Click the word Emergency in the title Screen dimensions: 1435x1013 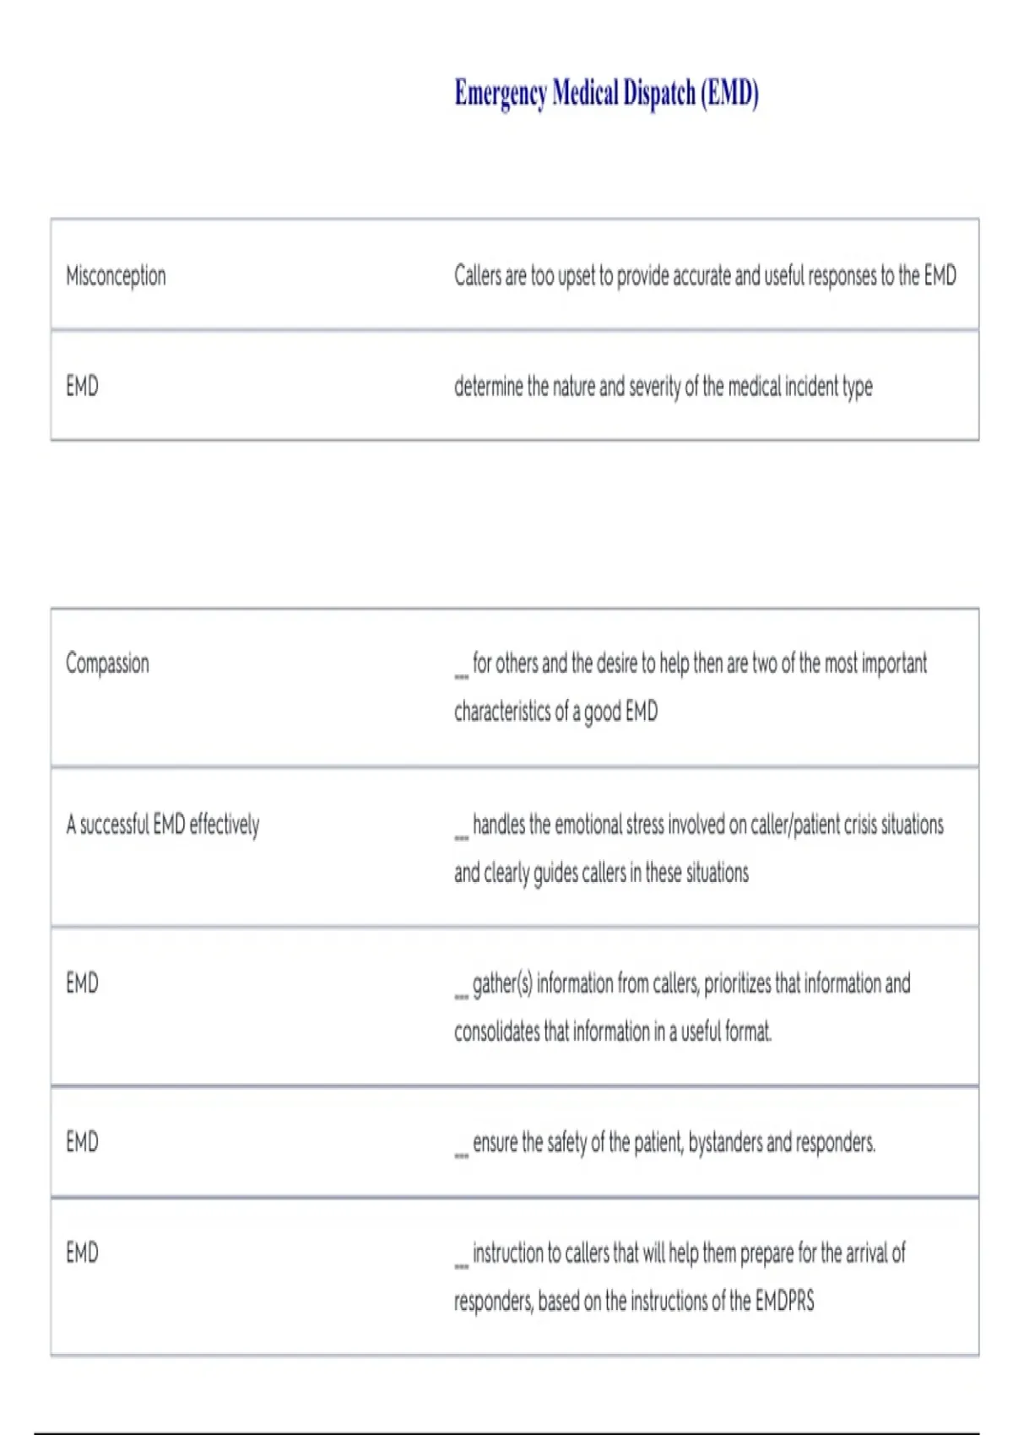[501, 93]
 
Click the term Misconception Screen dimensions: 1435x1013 [116, 276]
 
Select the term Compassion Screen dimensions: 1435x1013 [107, 663]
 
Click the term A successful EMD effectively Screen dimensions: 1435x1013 [163, 824]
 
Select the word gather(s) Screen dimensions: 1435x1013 [501, 983]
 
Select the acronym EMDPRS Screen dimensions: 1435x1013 [784, 1301]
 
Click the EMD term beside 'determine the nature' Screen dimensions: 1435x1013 [82, 387]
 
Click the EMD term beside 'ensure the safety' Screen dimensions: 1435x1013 [82, 1143]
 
